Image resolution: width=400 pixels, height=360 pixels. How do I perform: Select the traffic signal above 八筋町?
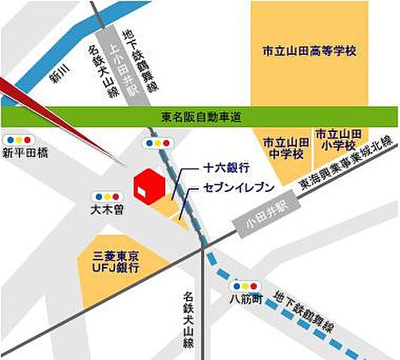coord(245,286)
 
